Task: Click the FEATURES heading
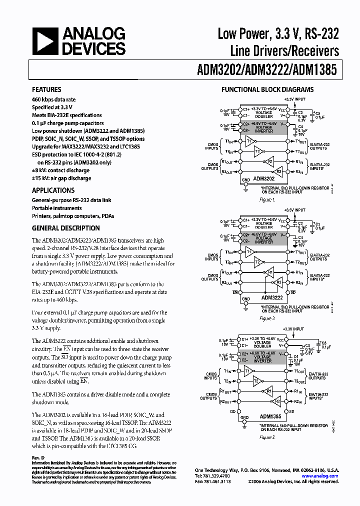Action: [46, 90]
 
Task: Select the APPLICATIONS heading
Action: [53, 190]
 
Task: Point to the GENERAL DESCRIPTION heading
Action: [65, 228]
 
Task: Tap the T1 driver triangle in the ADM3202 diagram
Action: [249, 141]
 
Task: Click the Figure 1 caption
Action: [267, 199]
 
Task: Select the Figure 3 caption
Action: [267, 437]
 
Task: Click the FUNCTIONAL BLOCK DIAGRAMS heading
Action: [267, 90]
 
